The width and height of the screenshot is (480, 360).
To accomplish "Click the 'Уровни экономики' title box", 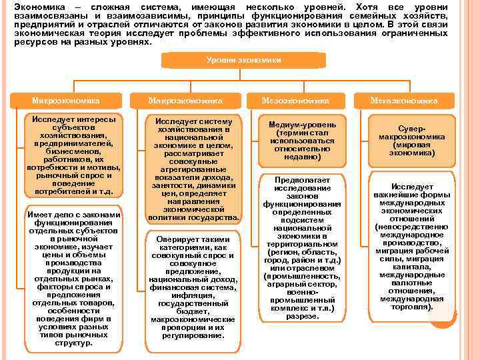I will [243, 60].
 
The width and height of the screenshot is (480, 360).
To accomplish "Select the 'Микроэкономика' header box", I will [66, 101].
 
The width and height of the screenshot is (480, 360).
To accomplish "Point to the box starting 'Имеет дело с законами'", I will [73, 279].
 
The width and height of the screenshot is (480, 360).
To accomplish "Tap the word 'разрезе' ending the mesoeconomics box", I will [302, 316].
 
